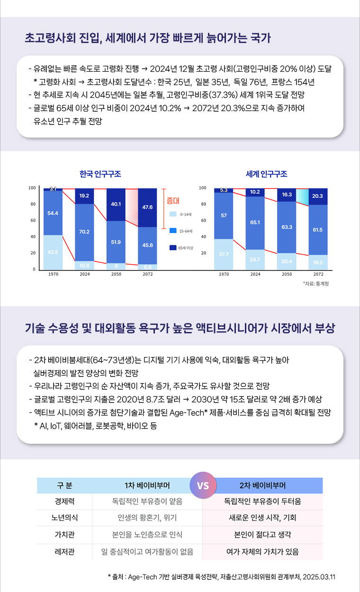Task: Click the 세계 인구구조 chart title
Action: coord(266,174)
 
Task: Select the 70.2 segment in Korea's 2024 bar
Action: coord(85,232)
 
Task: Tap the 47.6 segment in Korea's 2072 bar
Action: coord(147,207)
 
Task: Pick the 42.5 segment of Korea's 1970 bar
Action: coord(53,252)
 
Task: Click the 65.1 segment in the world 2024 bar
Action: coord(255,222)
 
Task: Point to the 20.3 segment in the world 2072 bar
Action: coord(318,196)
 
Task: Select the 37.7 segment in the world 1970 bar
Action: coord(224,254)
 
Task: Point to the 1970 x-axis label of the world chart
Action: coord(224,274)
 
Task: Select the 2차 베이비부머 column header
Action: coord(262,485)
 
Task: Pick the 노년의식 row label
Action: coord(65,518)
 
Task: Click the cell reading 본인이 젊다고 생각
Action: coord(262,535)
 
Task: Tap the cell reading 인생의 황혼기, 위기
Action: coord(147,518)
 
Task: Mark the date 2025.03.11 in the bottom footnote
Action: coord(319,577)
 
